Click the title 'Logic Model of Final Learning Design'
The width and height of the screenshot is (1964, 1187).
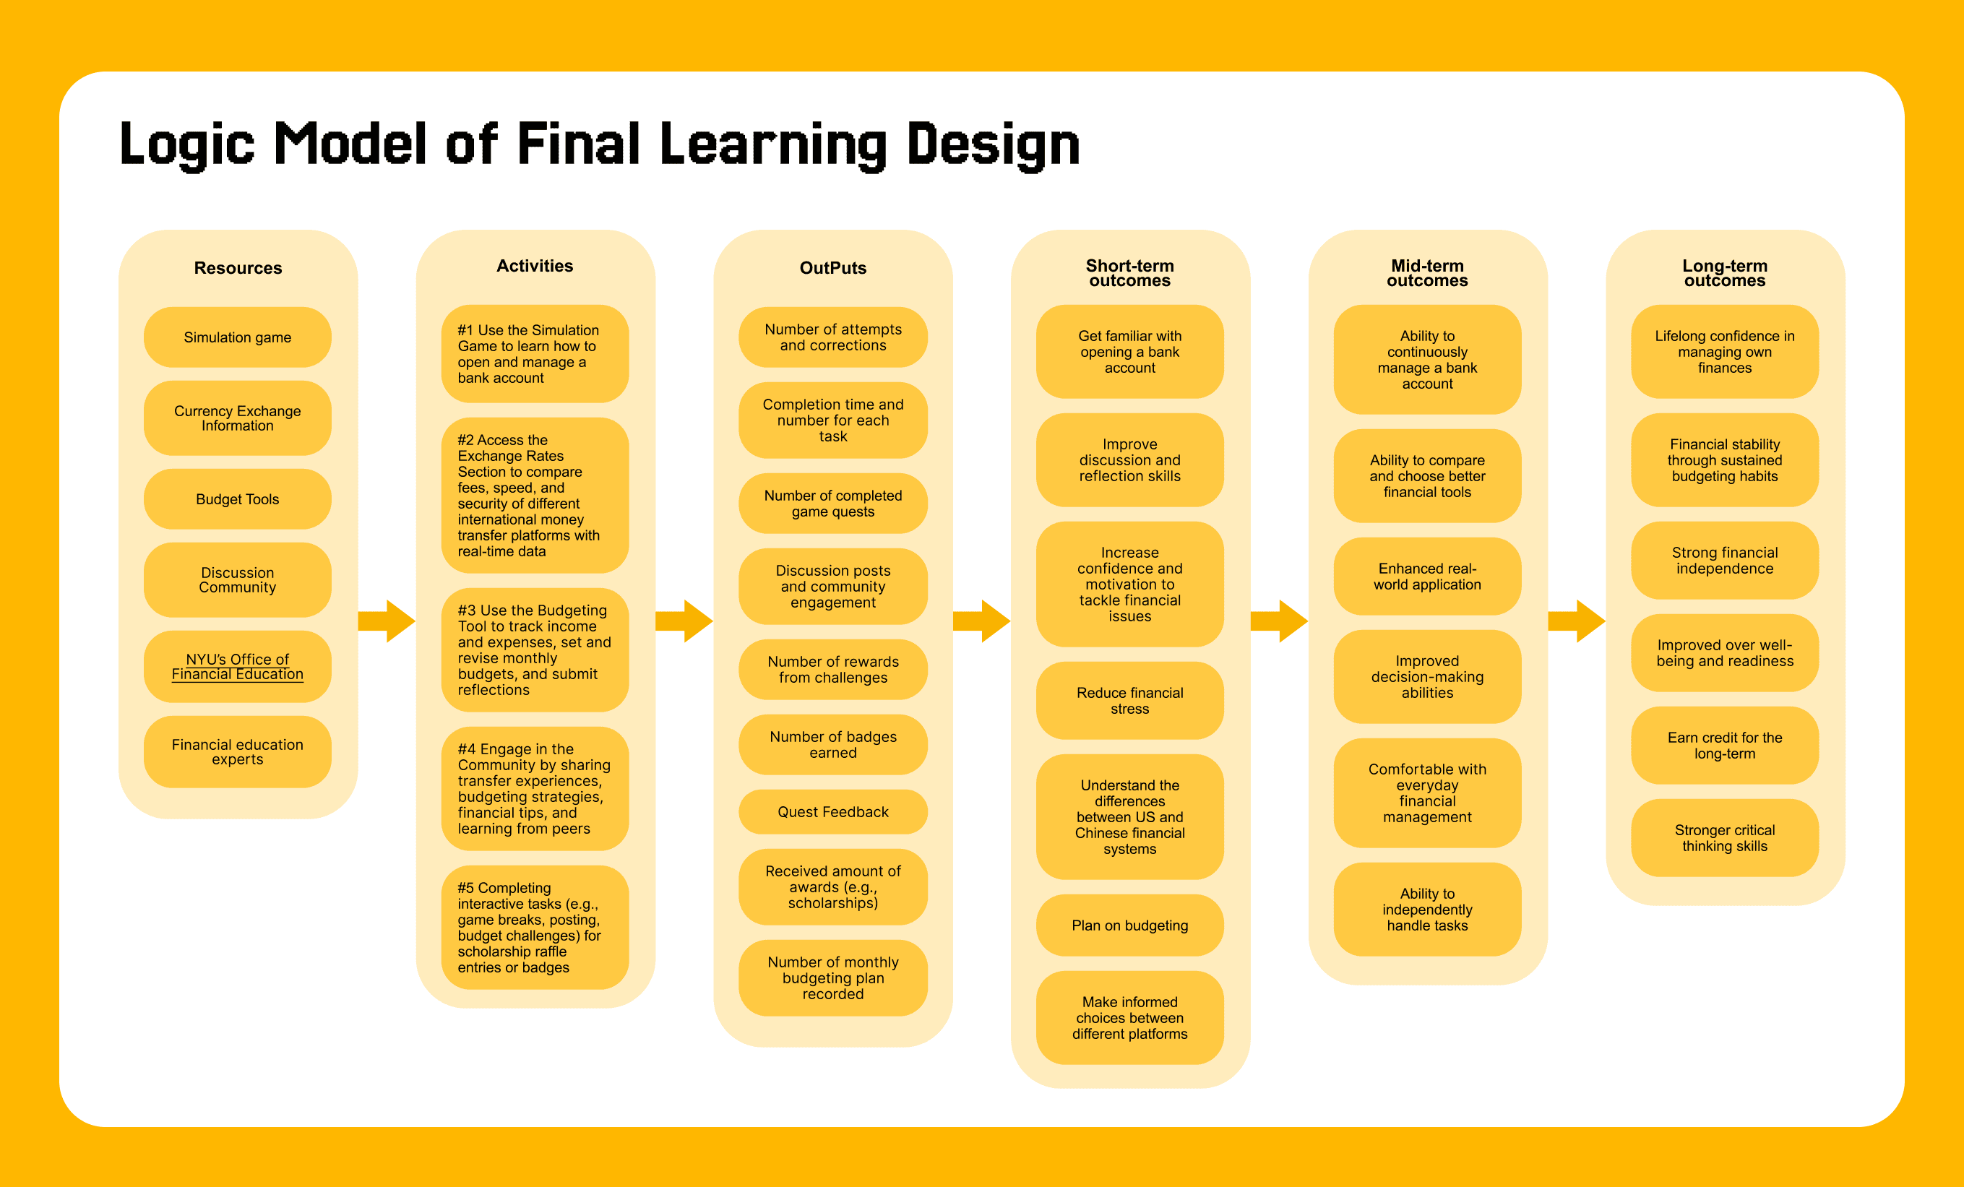pos(600,144)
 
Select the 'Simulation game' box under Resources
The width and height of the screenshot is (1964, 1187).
pos(238,337)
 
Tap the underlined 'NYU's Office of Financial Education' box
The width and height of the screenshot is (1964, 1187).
pos(238,666)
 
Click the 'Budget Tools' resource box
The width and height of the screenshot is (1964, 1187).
pos(238,499)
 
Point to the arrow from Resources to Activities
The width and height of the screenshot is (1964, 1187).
pos(387,621)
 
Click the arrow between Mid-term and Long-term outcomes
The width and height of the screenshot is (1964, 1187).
pos(1577,621)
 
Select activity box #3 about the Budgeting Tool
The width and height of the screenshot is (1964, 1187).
pos(535,649)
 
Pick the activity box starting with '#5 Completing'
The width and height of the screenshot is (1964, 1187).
pos(535,927)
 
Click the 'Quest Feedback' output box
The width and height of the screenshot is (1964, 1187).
pos(833,811)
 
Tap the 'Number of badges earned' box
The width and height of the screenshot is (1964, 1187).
pos(833,745)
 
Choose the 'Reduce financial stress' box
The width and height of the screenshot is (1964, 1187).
pos(1129,701)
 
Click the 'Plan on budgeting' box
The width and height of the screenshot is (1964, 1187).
pos(1129,925)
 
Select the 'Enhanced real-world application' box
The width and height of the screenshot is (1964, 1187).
pos(1427,577)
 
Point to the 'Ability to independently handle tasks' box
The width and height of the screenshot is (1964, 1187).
pos(1427,910)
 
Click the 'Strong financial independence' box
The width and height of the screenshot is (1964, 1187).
pos(1724,561)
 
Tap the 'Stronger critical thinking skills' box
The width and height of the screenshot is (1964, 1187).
pos(1724,838)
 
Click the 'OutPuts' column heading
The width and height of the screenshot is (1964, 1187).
pos(833,268)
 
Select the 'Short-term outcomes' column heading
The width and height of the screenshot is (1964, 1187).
pos(1129,272)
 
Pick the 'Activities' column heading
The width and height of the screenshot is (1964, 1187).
pos(535,267)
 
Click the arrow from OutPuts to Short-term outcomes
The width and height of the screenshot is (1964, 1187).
pos(982,621)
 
